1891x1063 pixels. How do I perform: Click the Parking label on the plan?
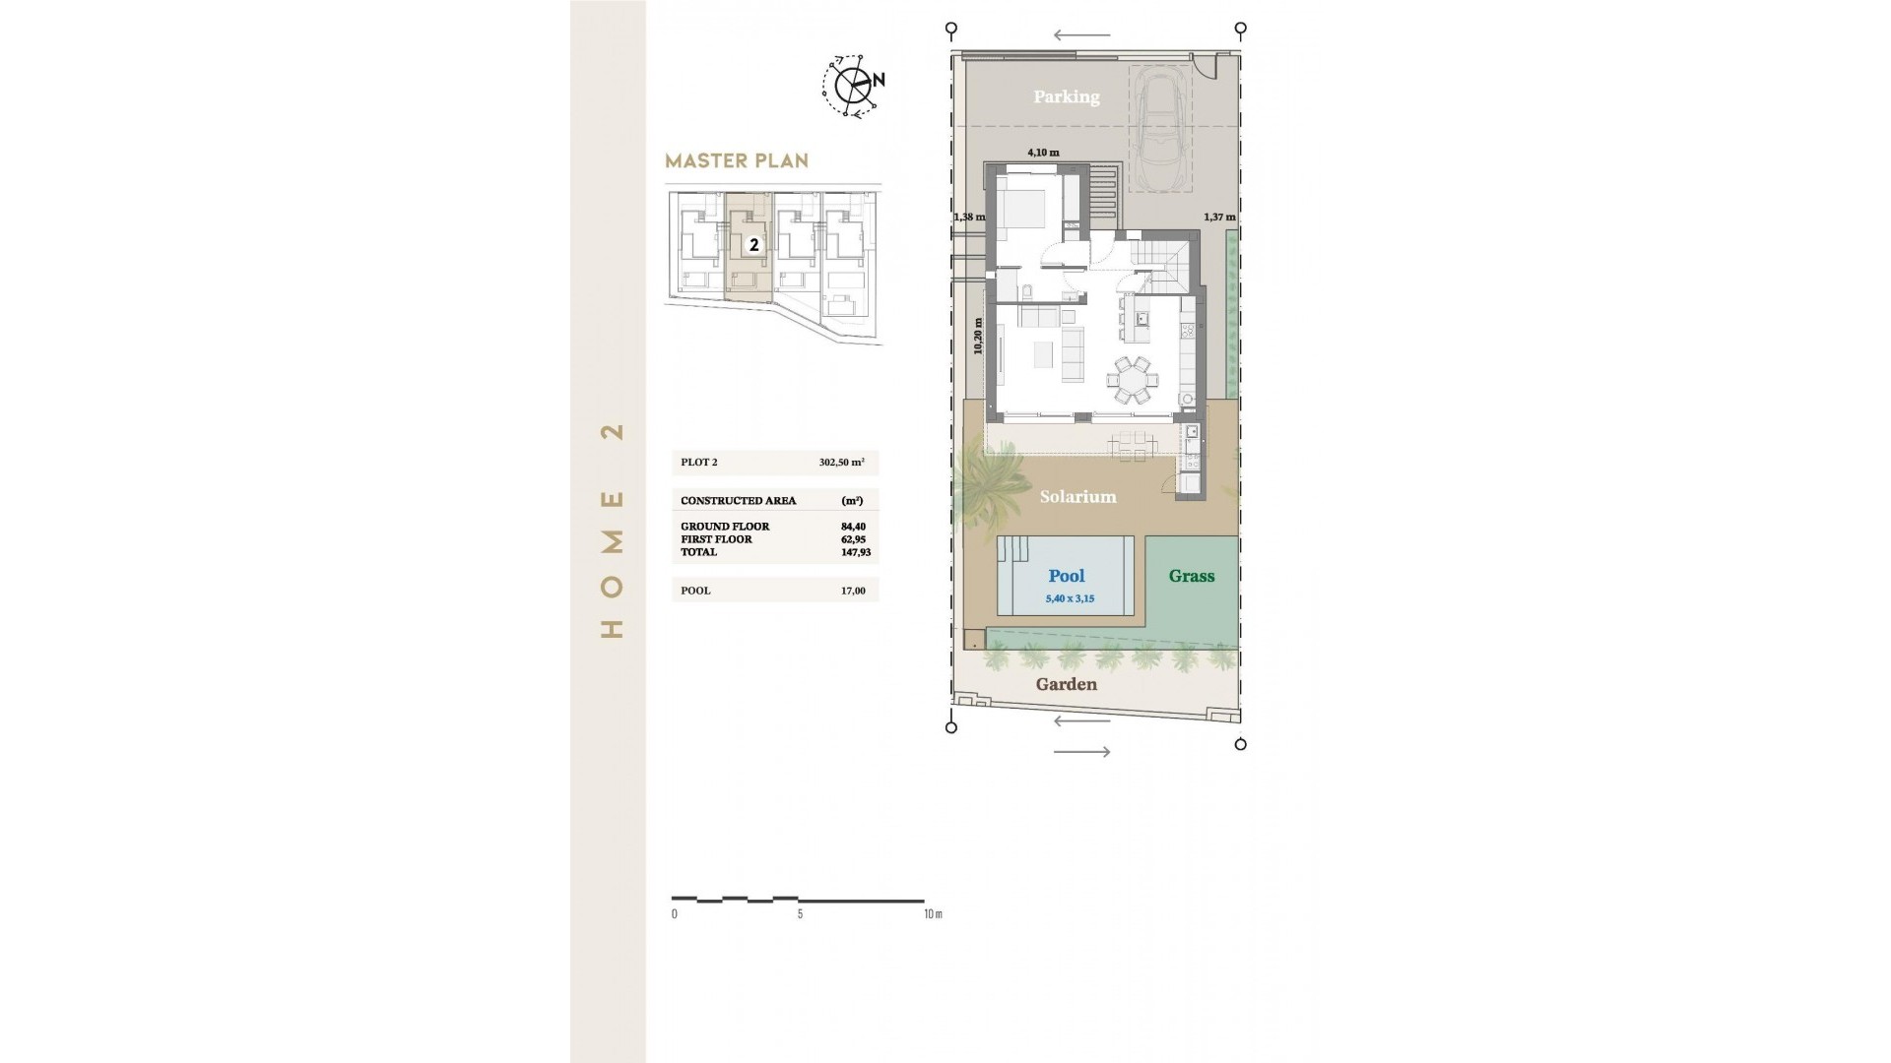tap(1066, 96)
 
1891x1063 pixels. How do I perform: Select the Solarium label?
tap(1077, 497)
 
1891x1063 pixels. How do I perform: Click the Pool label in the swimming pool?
tap(1067, 577)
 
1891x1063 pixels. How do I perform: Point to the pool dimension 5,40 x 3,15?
tap(1070, 598)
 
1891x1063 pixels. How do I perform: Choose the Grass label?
tap(1192, 577)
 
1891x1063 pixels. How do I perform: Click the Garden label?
tap(1066, 684)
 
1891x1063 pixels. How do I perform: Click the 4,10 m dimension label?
tap(1043, 153)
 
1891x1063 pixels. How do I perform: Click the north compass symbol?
tap(853, 86)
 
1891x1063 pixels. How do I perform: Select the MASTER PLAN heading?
tap(737, 160)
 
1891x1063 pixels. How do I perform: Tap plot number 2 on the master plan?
tap(754, 245)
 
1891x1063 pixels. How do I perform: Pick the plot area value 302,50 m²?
tap(841, 463)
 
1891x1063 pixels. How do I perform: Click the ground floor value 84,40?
tap(853, 527)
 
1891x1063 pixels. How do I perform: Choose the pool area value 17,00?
tap(853, 591)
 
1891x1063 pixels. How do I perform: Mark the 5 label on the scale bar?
tap(800, 914)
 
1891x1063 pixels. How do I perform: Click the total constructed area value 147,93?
tap(856, 552)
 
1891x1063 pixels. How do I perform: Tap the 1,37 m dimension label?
tap(1219, 217)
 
